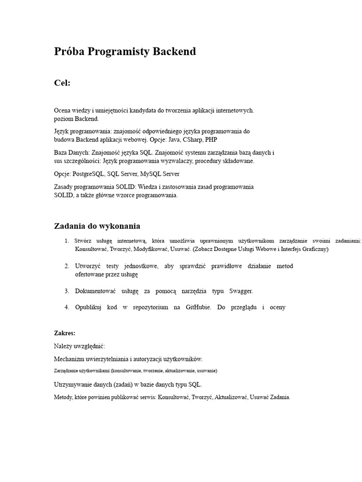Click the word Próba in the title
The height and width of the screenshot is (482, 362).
click(x=69, y=52)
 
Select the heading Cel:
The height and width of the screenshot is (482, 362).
click(x=62, y=83)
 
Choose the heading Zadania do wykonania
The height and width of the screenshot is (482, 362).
click(x=97, y=226)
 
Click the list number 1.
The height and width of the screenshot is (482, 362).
click(x=67, y=241)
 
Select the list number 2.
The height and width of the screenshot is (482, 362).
click(x=67, y=266)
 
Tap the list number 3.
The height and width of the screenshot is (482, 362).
click(x=67, y=291)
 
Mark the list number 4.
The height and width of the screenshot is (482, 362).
click(x=67, y=307)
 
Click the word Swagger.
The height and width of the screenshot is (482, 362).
click(x=241, y=291)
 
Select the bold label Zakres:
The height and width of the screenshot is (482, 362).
click(x=65, y=333)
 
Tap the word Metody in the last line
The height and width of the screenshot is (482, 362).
click(x=63, y=397)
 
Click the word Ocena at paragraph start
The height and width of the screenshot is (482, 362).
click(x=63, y=110)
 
